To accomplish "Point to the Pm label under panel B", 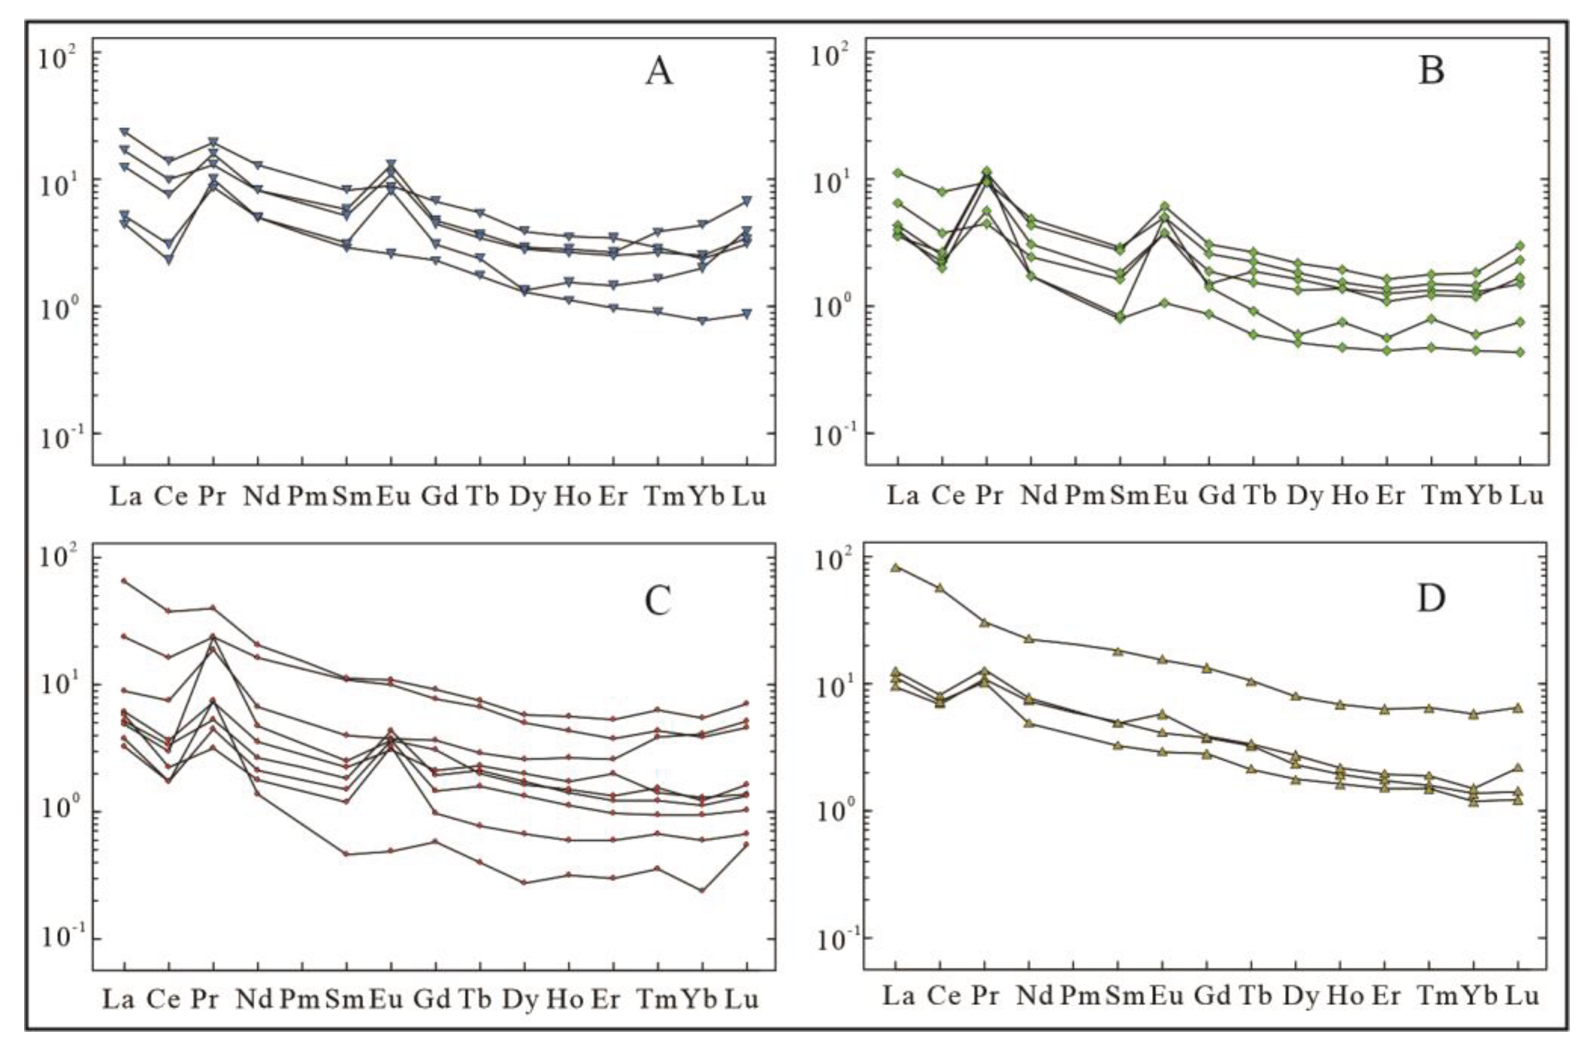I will point(1085,497).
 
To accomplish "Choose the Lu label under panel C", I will point(742,999).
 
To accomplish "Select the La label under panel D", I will point(899,996).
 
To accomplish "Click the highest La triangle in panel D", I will point(895,567).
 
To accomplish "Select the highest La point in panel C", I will point(124,581).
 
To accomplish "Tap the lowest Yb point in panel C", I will point(702,890).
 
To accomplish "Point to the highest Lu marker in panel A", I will point(746,201).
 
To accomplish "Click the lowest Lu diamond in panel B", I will point(1520,352).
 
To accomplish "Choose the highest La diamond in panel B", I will point(897,173).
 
